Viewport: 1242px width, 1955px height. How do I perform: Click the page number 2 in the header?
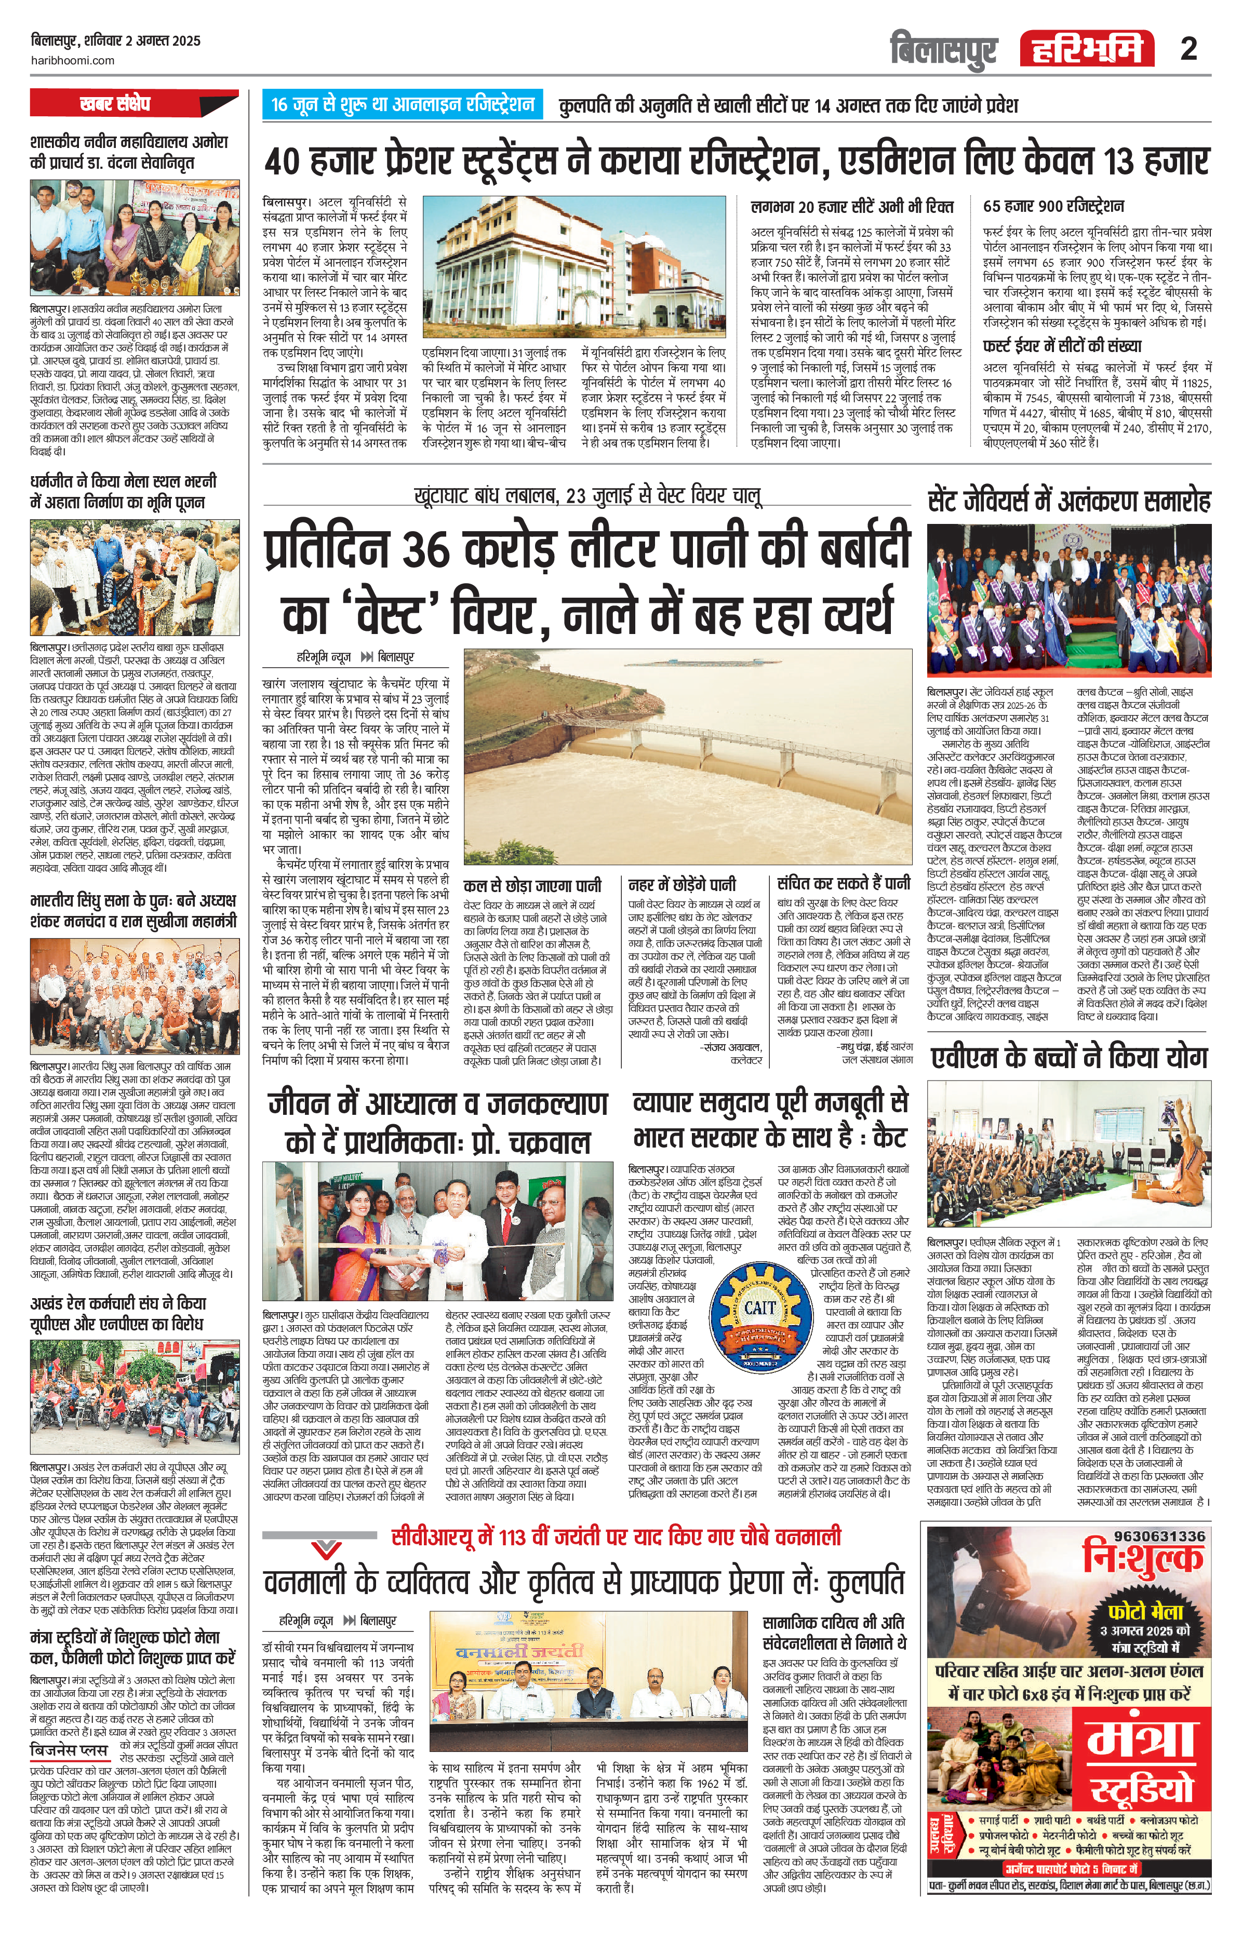pos(1188,49)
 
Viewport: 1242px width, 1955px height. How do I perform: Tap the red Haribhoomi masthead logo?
pos(1088,49)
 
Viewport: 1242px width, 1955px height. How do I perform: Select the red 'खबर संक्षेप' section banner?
pos(114,104)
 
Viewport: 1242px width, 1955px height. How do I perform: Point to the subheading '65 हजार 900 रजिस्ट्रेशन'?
pos(1053,206)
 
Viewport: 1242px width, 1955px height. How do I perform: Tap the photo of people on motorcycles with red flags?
pos(135,1399)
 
